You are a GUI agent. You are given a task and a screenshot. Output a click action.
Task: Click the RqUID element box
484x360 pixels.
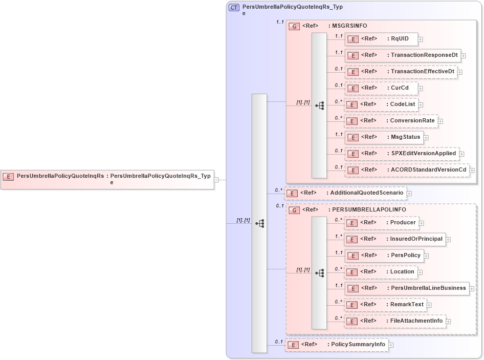tap(381, 39)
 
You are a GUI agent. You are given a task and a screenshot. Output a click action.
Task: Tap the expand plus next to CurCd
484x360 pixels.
tap(421, 88)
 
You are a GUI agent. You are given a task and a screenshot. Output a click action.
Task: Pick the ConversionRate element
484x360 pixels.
tap(391, 121)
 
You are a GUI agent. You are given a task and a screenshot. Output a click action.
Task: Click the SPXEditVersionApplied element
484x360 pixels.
tap(402, 153)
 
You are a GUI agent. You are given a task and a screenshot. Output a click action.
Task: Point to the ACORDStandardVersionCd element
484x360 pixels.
tap(407, 170)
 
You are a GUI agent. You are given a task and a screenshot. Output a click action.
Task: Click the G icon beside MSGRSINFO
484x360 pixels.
tap(294, 26)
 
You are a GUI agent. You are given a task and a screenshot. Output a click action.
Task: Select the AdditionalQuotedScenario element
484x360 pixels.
tap(345, 193)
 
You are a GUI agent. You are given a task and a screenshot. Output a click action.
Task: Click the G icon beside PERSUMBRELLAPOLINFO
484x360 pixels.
tap(294, 210)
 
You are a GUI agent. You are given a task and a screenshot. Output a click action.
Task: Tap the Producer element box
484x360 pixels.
tap(382, 223)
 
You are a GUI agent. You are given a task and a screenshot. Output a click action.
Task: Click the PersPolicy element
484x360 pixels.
tap(384, 256)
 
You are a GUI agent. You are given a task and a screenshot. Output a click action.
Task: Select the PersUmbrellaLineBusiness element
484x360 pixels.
tap(407, 288)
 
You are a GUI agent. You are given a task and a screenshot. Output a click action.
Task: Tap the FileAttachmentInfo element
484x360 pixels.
tap(395, 321)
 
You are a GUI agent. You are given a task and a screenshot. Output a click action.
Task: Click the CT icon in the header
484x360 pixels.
tap(234, 8)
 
